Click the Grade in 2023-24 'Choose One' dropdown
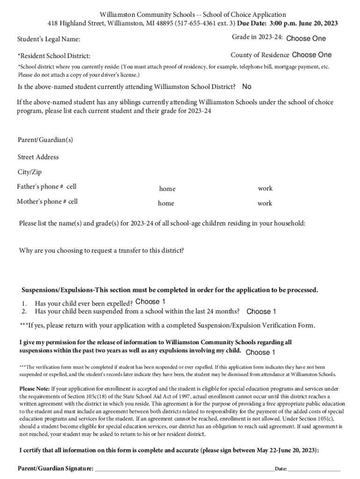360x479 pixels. (306, 38)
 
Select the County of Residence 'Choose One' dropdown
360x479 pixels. (311, 55)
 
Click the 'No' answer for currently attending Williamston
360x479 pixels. (247, 87)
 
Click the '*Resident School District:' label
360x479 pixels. (54, 56)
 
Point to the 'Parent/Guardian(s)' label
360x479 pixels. (45, 140)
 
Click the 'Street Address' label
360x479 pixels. (38, 157)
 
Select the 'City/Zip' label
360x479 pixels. (29, 172)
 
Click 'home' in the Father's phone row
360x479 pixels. (167, 189)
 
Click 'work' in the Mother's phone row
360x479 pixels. (265, 203)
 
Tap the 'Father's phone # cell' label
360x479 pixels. (47, 187)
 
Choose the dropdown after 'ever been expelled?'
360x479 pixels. (150, 302)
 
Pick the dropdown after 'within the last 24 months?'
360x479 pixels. (261, 312)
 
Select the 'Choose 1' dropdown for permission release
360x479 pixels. (260, 352)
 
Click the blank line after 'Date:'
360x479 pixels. (314, 468)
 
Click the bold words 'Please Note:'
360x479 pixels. (34, 388)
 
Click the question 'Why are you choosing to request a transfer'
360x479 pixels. (101, 250)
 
